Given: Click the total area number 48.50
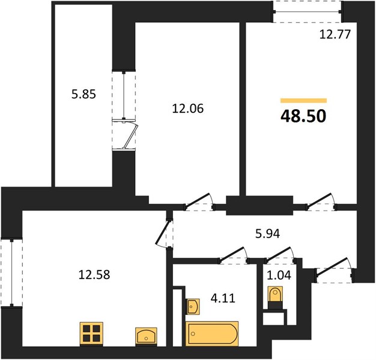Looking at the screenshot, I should (x=303, y=115).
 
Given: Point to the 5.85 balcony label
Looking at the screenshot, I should (x=83, y=94).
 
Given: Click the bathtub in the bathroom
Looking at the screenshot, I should (x=213, y=333).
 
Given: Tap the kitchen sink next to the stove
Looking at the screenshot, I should (x=146, y=335).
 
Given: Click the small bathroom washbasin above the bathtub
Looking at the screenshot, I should (x=193, y=307).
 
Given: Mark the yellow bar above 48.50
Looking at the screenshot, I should (x=303, y=100).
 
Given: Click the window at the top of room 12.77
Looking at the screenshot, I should (x=307, y=11).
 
